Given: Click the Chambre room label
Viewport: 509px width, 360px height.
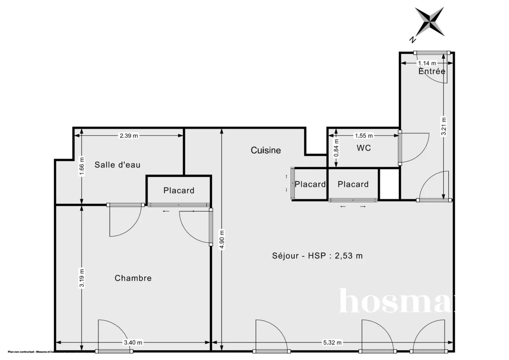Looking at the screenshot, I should (x=133, y=278).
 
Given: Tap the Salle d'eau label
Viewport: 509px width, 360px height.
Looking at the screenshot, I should (x=117, y=165).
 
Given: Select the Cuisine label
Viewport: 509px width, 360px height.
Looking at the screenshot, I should (x=266, y=150).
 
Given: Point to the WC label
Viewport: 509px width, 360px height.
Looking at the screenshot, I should (x=364, y=148).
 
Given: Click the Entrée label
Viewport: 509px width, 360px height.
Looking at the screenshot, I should (x=432, y=71).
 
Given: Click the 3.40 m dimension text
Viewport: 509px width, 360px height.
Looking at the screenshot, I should (x=133, y=343).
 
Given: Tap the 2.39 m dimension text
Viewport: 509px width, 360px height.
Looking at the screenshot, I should (x=129, y=136).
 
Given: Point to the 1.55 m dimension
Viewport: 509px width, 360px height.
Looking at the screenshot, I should (x=364, y=136).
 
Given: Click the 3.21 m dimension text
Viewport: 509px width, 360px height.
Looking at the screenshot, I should (x=444, y=126).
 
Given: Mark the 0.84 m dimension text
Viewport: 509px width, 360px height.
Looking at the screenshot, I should (x=336, y=148).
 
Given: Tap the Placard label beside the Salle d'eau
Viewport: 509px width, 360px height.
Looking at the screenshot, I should (x=179, y=190).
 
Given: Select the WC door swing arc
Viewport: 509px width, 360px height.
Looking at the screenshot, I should (x=418, y=148).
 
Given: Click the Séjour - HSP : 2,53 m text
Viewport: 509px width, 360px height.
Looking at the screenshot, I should (x=317, y=256).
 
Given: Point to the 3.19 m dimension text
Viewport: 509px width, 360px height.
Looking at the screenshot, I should (x=82, y=279).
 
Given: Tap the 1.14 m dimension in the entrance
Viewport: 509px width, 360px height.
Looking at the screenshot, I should (x=427, y=64).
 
